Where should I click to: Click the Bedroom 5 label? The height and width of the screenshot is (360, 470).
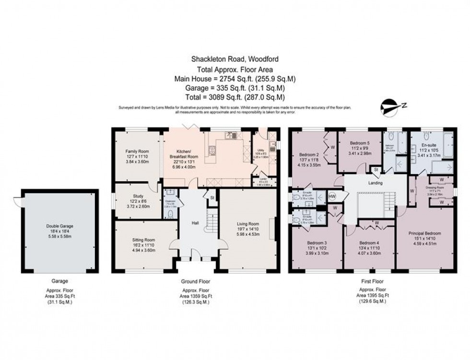359,143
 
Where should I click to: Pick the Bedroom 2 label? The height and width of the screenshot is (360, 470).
309,155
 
